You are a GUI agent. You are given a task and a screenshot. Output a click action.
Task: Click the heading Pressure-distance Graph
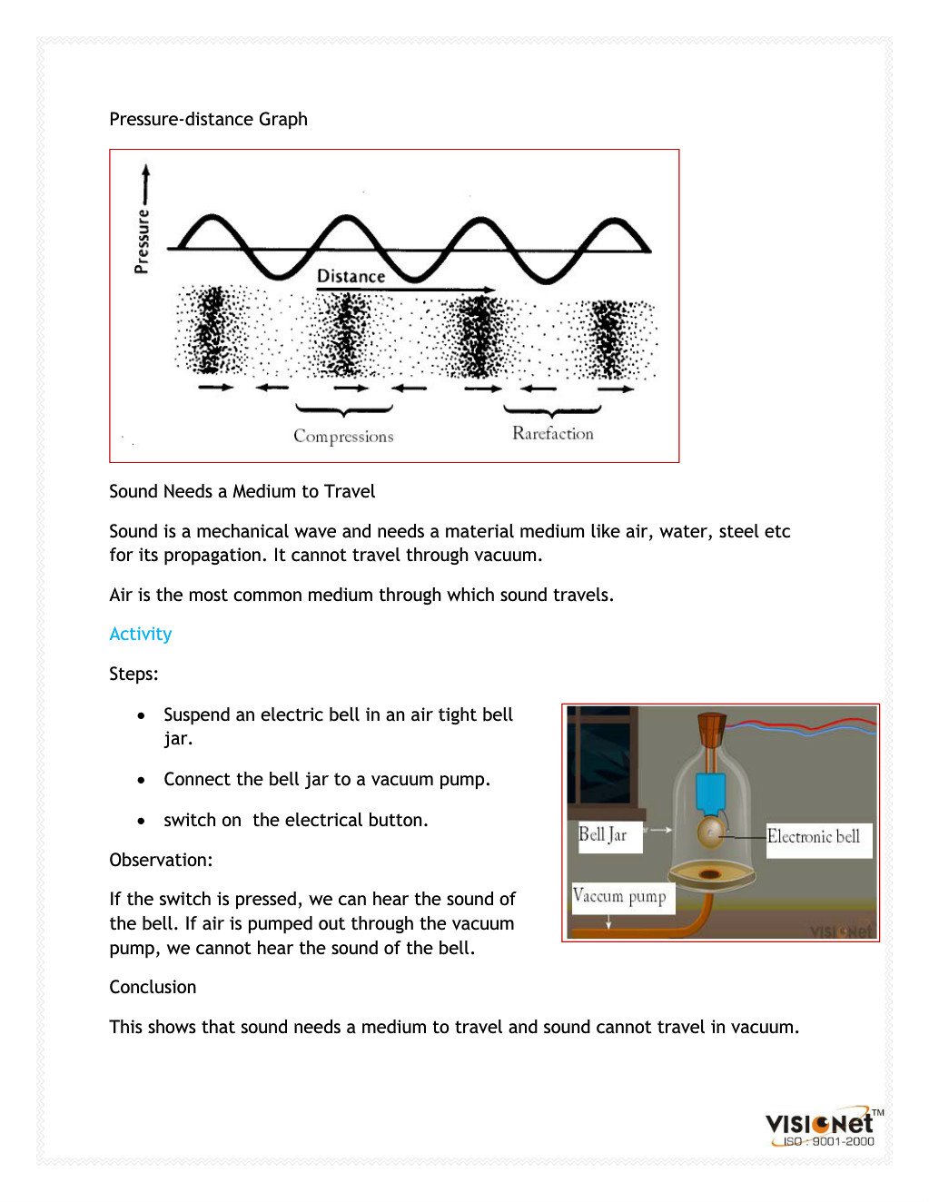click(208, 119)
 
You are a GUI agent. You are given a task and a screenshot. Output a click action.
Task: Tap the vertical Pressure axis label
click(142, 241)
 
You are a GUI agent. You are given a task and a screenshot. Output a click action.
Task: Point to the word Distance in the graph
click(351, 276)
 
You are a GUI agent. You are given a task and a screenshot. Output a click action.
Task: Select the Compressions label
click(343, 437)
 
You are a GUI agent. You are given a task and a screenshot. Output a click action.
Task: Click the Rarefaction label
click(552, 434)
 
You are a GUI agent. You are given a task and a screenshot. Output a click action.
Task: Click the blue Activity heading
click(140, 634)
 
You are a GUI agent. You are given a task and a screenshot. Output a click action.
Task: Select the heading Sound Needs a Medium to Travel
click(242, 491)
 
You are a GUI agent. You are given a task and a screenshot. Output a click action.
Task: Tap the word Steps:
click(133, 674)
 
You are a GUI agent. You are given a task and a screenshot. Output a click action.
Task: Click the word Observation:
click(160, 860)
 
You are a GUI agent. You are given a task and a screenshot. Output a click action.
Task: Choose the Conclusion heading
click(153, 987)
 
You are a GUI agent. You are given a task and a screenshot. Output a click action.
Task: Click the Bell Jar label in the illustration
click(603, 834)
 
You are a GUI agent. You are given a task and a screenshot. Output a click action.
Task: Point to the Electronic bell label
click(814, 836)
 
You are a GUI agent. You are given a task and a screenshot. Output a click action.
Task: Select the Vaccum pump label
click(619, 897)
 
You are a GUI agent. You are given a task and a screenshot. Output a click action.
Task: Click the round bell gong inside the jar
click(710, 831)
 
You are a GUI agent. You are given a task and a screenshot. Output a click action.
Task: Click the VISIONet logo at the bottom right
click(819, 1122)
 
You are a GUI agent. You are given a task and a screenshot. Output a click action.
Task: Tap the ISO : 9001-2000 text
click(828, 1142)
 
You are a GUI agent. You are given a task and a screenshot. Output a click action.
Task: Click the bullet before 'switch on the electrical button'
click(141, 821)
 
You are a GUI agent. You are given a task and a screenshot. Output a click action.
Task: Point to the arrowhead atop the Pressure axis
click(145, 170)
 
